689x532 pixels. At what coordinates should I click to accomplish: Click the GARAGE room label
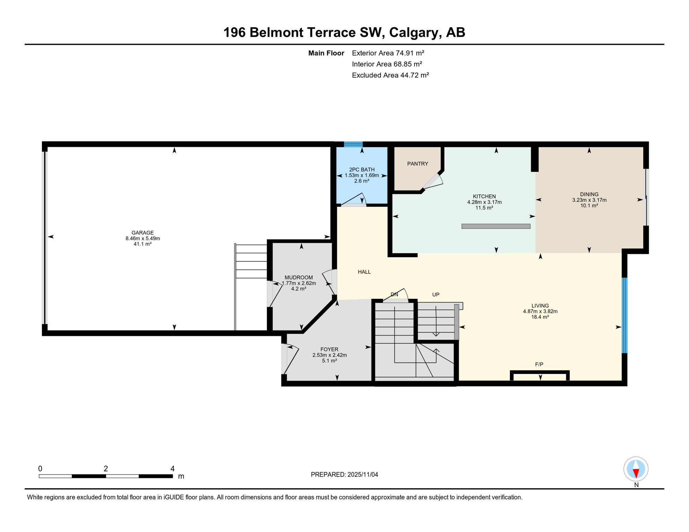point(142,233)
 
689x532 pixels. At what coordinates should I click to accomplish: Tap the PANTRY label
point(418,164)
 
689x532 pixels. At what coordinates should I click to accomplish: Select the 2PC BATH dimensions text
point(361,176)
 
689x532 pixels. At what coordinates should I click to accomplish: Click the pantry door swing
point(433,182)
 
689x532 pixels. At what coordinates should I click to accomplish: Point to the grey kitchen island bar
point(496,226)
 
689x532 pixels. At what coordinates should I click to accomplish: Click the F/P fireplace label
point(539,364)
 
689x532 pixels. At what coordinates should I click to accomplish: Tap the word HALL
point(364,272)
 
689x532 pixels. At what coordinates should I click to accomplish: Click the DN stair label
point(394,294)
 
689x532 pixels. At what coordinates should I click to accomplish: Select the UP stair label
point(436,294)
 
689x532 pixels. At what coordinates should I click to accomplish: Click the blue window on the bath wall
point(353,144)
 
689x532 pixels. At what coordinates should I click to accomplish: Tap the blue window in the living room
point(625,315)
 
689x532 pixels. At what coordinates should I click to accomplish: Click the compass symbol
point(636,469)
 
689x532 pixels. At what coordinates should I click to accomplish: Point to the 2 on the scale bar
point(106,469)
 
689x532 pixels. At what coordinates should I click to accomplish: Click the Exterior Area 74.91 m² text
point(388,53)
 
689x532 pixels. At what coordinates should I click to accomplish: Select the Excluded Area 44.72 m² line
point(390,75)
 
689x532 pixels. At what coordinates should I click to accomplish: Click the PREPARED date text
point(344,475)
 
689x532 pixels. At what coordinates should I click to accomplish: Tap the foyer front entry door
point(290,360)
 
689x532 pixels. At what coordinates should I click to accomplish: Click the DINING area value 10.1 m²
point(589,206)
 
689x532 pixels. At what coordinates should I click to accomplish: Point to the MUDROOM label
point(298,277)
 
